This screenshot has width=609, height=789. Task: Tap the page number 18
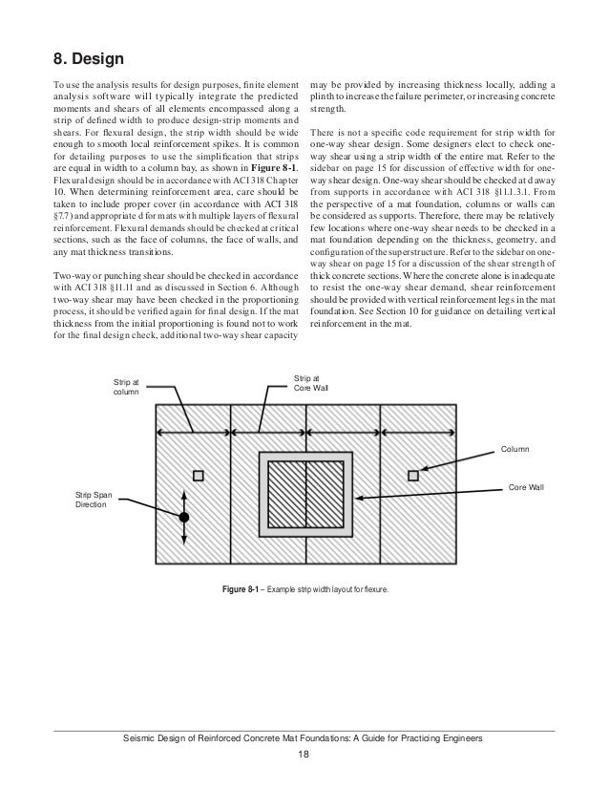click(x=304, y=755)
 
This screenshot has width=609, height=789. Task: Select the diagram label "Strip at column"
click(x=127, y=386)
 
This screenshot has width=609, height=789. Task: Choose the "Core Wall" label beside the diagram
click(x=526, y=487)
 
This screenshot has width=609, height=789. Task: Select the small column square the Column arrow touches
click(x=412, y=475)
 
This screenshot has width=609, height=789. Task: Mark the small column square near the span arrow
click(x=198, y=475)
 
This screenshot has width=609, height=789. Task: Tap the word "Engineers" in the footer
click(x=463, y=739)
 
